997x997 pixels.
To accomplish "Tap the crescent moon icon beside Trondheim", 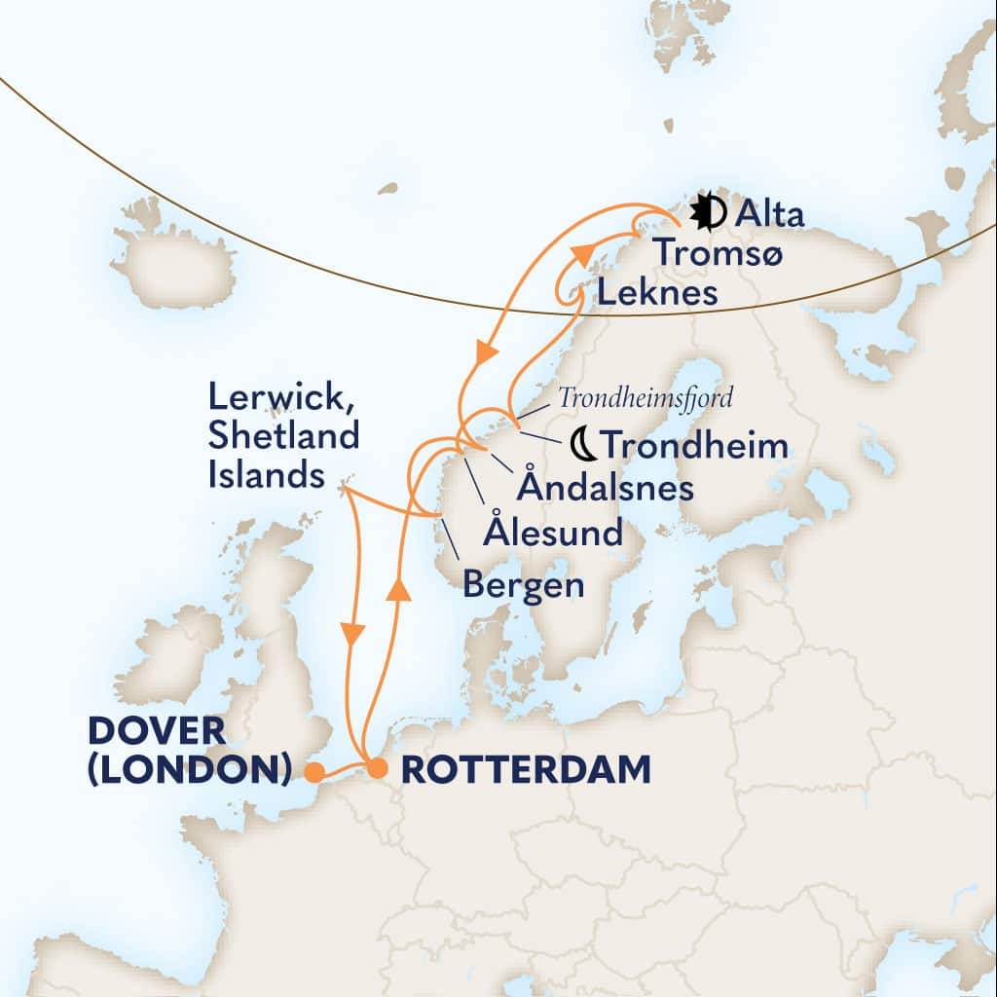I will point(581,445).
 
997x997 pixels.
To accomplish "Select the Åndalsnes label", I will point(605,487).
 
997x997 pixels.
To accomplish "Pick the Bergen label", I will point(524,584).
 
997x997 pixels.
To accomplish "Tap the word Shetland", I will point(283,436).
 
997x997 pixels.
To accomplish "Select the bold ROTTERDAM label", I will point(525,770).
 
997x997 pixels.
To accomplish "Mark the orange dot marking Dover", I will point(314,772).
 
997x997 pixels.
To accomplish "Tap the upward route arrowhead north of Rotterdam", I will point(395,589).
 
